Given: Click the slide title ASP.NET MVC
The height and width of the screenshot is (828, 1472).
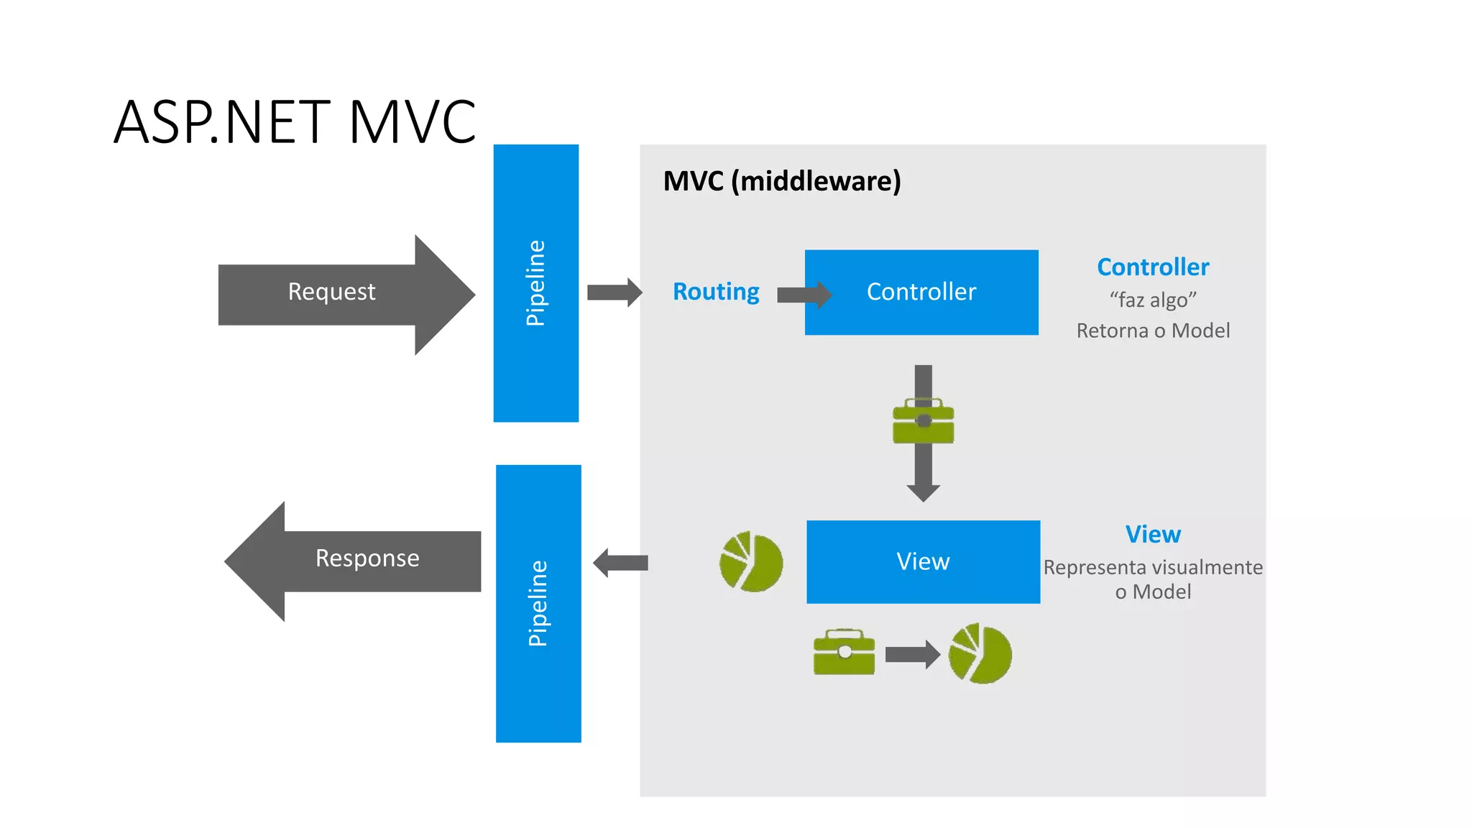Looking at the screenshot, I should [x=295, y=122].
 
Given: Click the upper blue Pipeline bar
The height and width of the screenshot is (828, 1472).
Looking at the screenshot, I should [x=535, y=282].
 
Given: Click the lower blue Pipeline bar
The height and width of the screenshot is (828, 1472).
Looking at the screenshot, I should [x=538, y=603].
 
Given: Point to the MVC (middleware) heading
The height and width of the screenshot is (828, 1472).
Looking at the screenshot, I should [x=781, y=181].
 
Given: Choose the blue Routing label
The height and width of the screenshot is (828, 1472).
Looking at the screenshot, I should [x=716, y=292].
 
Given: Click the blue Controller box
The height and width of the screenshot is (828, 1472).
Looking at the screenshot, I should [x=921, y=292].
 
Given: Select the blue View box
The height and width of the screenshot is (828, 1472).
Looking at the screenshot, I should [x=923, y=561].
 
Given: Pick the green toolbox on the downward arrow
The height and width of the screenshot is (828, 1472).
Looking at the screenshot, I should [x=923, y=422].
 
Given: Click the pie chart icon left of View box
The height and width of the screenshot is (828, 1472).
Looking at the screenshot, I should [x=751, y=562].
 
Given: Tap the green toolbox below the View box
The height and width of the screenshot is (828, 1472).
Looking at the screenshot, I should [x=844, y=653].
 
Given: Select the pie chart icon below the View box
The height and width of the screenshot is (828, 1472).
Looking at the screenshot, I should [x=980, y=653].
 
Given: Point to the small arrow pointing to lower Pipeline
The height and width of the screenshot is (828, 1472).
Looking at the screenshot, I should [x=620, y=563].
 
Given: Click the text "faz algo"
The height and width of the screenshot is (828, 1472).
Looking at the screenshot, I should [x=1153, y=300].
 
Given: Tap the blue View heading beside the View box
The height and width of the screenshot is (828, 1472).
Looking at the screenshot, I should [x=1153, y=535].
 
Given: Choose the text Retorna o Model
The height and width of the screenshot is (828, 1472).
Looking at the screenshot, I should [x=1153, y=331].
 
